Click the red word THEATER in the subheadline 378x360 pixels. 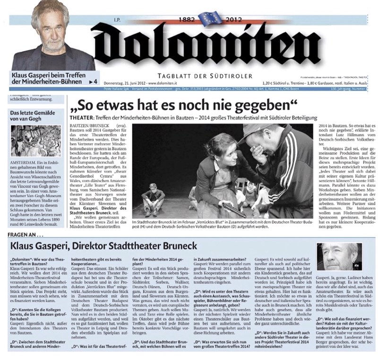point(81,115)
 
